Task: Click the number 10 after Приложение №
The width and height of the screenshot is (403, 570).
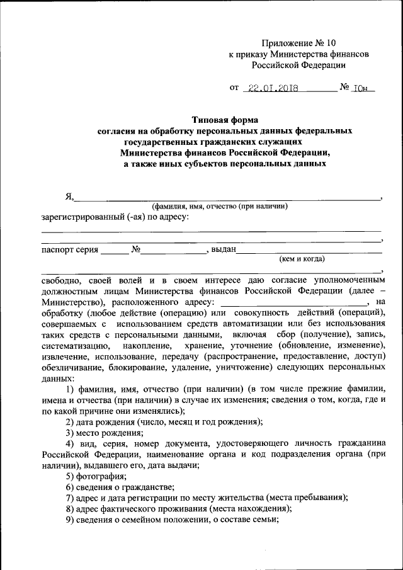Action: (331, 43)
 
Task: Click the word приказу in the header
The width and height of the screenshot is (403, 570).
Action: (254, 54)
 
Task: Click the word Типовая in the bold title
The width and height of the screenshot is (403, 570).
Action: (210, 119)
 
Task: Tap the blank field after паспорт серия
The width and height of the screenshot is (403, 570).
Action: (114, 250)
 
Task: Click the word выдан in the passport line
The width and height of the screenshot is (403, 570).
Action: (223, 249)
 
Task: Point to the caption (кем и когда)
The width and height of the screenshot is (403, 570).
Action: (302, 259)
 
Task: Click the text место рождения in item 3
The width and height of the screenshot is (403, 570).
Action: (110, 433)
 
